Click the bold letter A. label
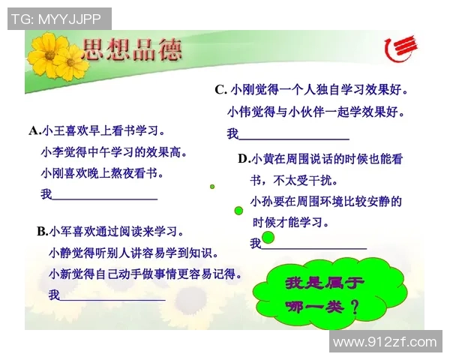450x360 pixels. click(x=35, y=130)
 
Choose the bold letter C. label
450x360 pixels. click(x=220, y=90)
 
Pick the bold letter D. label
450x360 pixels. click(x=244, y=158)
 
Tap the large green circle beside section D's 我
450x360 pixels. click(x=268, y=238)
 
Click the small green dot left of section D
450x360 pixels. click(x=212, y=186)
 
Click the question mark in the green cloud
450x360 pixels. click(x=354, y=307)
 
